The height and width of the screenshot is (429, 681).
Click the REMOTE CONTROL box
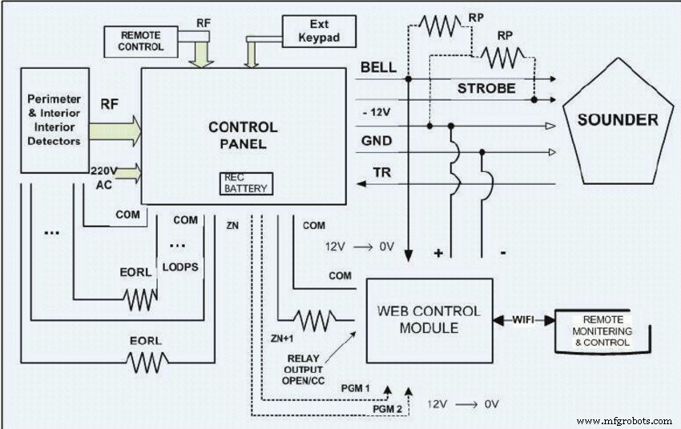click(141, 41)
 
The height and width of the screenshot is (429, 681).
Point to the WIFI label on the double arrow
click(523, 320)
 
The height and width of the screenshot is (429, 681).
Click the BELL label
click(378, 68)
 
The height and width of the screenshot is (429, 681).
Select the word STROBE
click(487, 88)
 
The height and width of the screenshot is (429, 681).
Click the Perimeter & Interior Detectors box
click(53, 119)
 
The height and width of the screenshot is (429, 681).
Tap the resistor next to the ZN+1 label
click(315, 321)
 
